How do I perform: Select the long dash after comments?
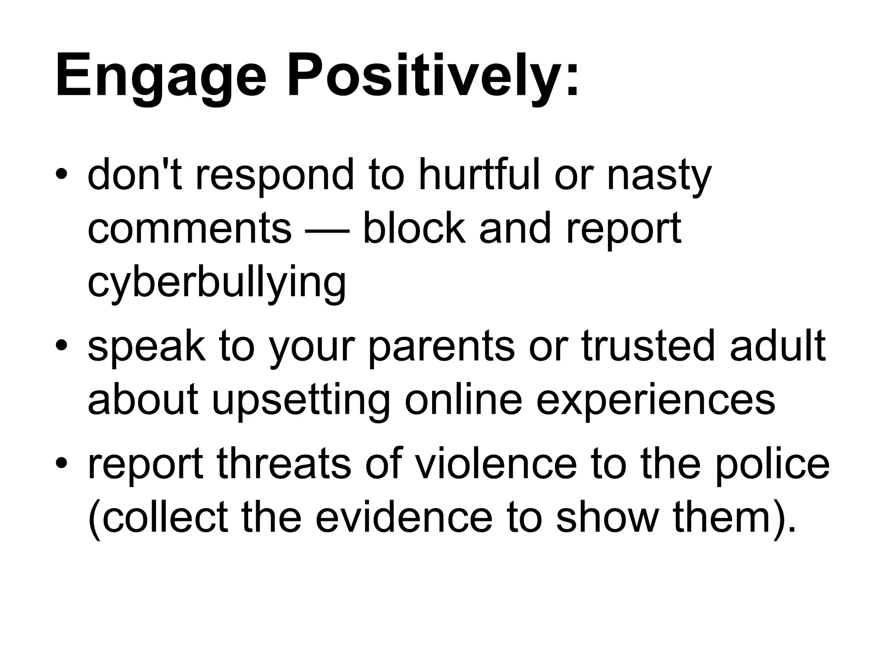pyautogui.click(x=327, y=231)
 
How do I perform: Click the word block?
pyautogui.click(x=413, y=228)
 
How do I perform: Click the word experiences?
pyautogui.click(x=655, y=401)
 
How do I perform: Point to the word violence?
pyautogui.click(x=495, y=464)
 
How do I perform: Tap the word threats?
pyautogui.click(x=284, y=464)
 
